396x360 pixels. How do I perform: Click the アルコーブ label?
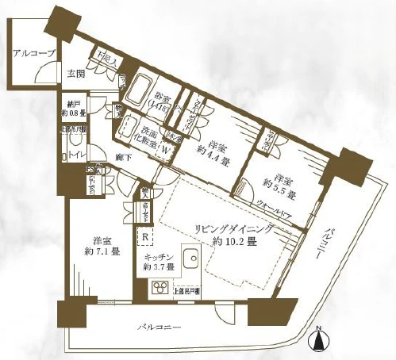coord(34,53)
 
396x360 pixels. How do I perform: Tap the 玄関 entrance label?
coord(75,74)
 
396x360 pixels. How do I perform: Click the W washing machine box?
coord(166,147)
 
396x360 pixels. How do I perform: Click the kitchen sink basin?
coord(190,259)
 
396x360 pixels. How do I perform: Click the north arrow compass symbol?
coord(319,340)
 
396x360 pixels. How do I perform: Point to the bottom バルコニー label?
coord(159,326)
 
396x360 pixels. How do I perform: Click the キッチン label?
coord(159,259)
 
